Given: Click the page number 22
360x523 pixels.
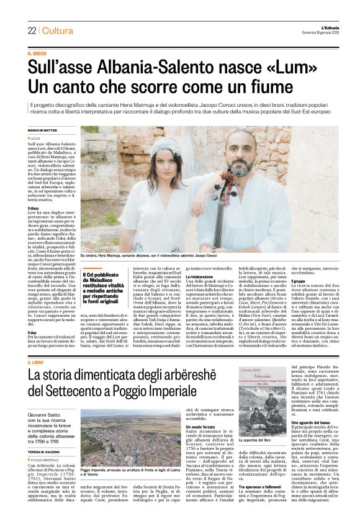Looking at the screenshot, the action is (x=32, y=30).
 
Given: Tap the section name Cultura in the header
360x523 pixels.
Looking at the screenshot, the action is (x=59, y=30).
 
